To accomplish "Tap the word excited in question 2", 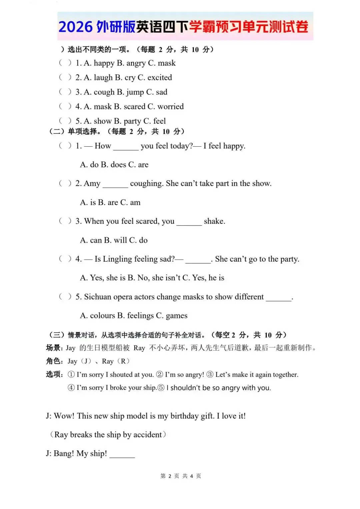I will (160, 78).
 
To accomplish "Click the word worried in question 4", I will (170, 107).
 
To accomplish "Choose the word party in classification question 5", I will (132, 121).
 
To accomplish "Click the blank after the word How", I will (126, 147).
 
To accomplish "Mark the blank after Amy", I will (115, 184).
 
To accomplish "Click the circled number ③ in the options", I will (210, 374).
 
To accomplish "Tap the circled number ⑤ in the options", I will (161, 388).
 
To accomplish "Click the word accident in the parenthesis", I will (147, 435).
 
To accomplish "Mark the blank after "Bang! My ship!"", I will (122, 454).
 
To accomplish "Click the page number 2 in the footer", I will (170, 476).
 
